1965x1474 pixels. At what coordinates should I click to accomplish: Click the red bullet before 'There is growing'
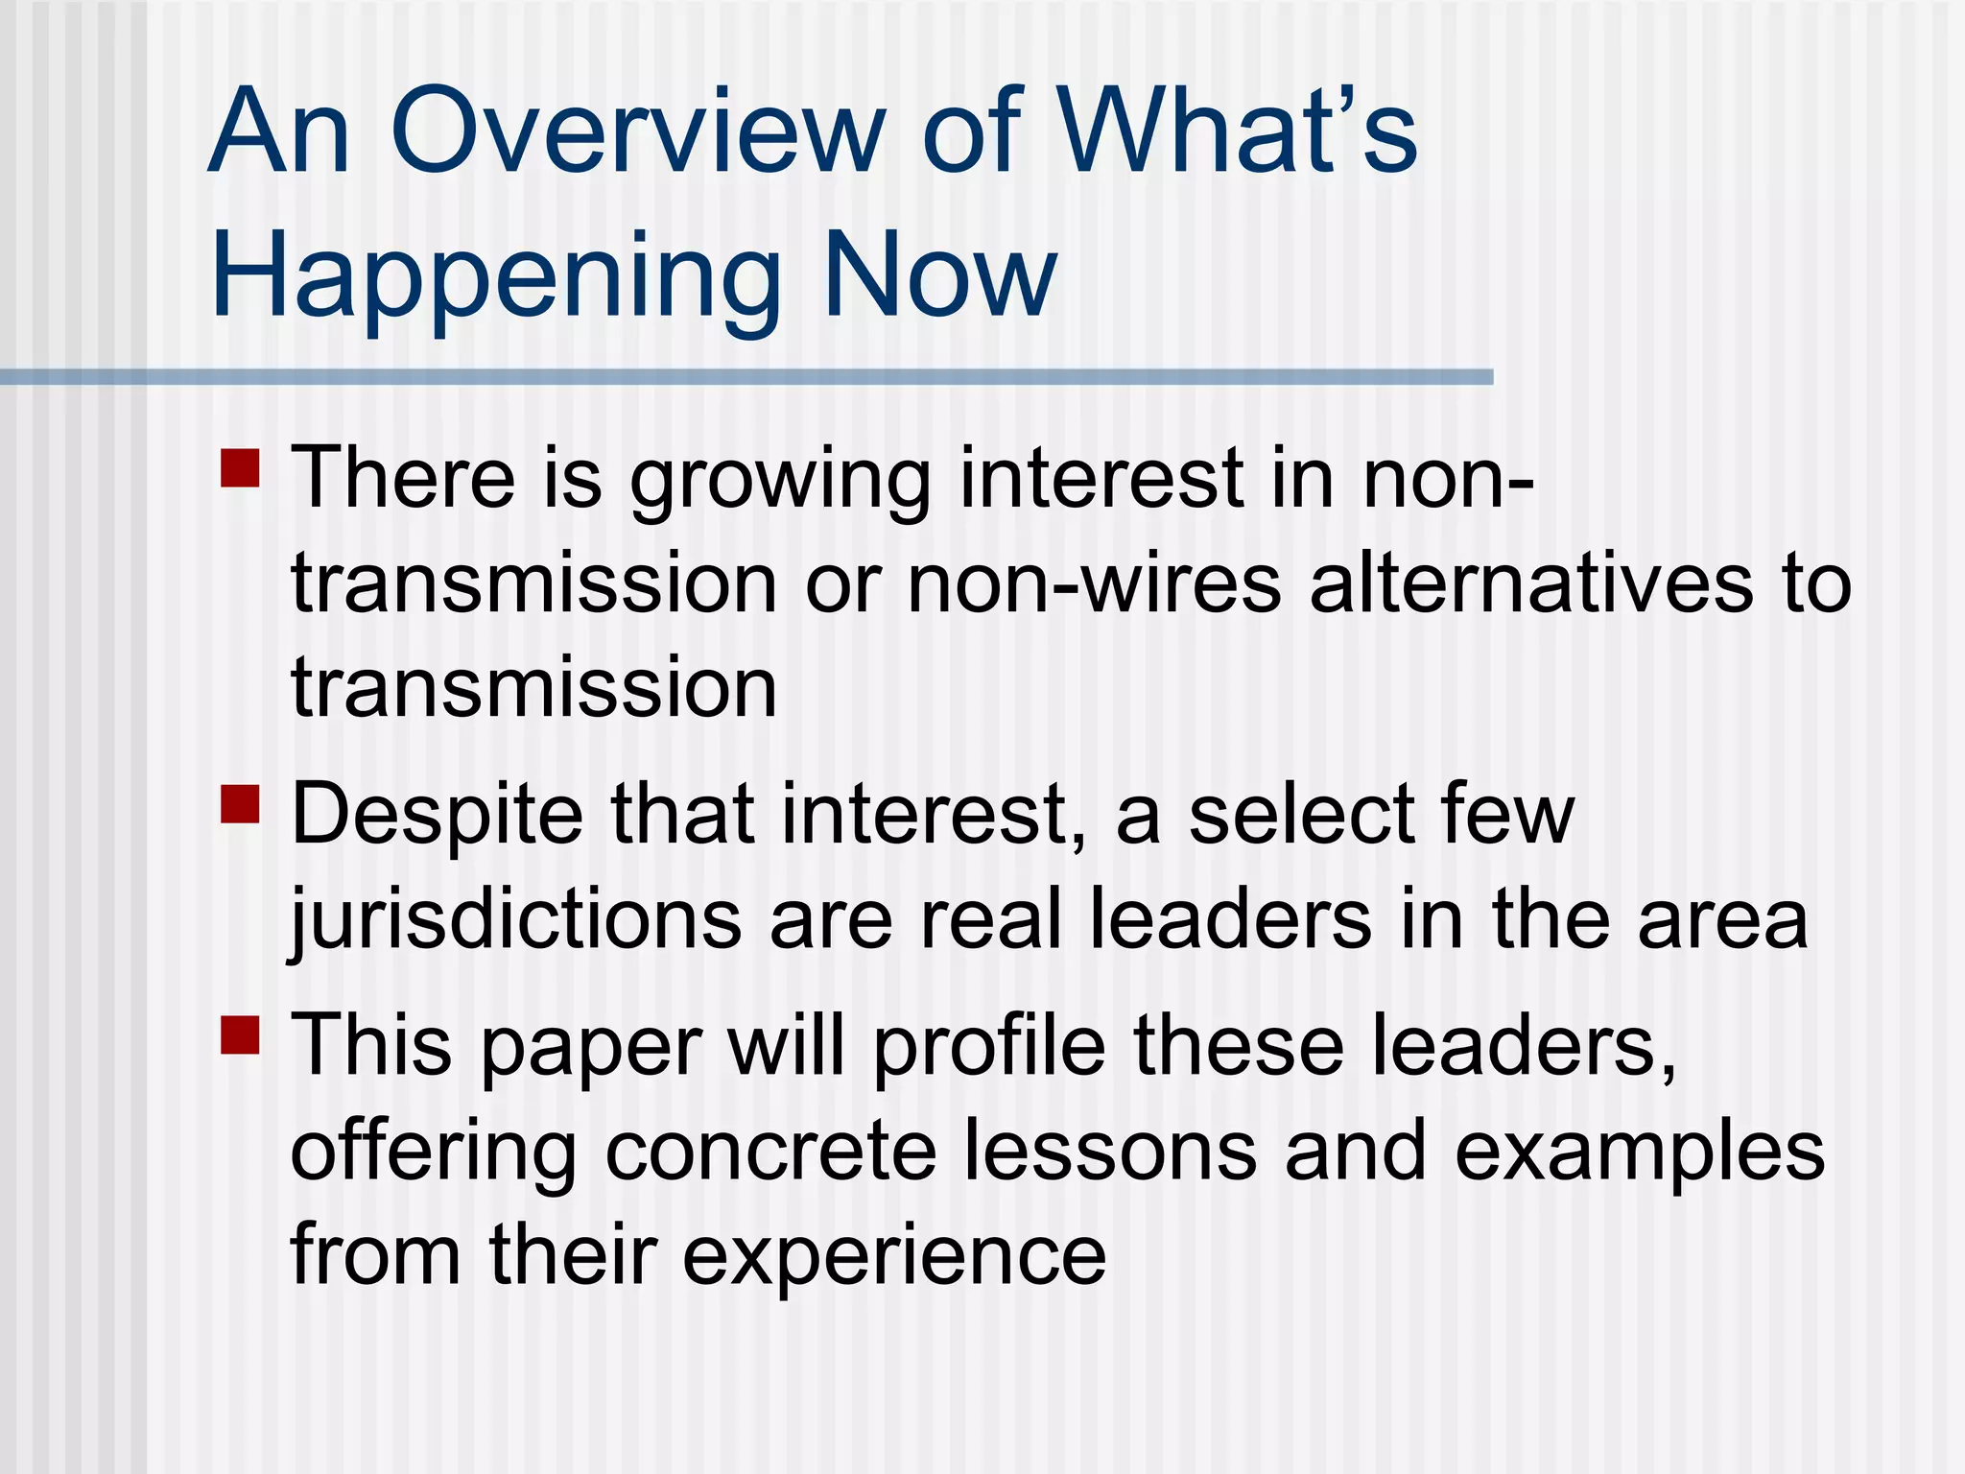click(x=240, y=468)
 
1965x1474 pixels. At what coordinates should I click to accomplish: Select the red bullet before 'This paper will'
click(x=240, y=1034)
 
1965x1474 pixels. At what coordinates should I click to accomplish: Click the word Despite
click(x=437, y=817)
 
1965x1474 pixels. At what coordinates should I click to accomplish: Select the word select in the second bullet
click(x=1301, y=815)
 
